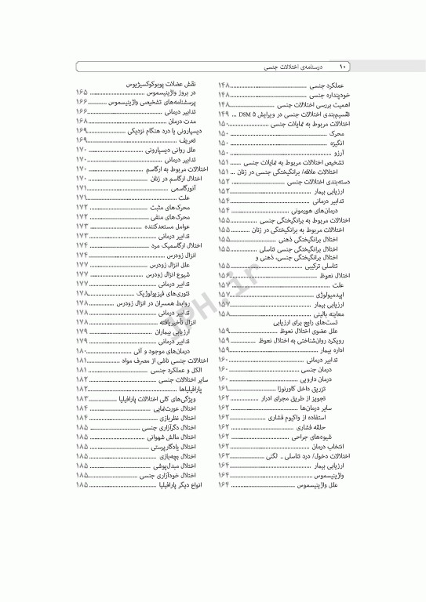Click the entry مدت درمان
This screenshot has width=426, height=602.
[x=182, y=122]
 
